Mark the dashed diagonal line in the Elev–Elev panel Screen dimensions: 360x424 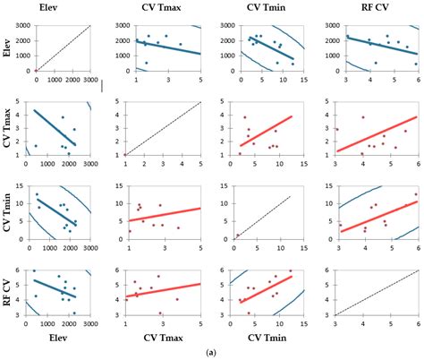63,47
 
